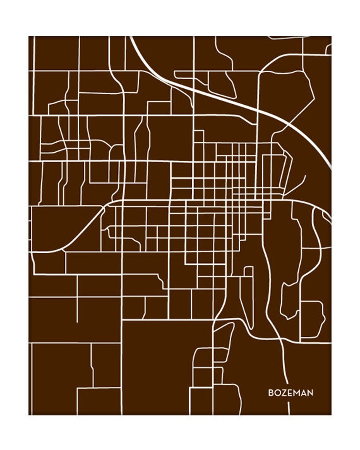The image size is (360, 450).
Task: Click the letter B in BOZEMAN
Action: (x=271, y=392)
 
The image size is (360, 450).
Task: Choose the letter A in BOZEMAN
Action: (x=303, y=392)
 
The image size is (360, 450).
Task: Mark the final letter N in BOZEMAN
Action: (x=310, y=392)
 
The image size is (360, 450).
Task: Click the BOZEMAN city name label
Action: (x=290, y=392)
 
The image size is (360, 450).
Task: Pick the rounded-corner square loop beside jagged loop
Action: (x=312, y=319)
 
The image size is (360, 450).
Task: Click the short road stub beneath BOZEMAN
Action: (x=289, y=408)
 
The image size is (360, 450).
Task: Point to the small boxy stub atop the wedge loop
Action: (x=248, y=271)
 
